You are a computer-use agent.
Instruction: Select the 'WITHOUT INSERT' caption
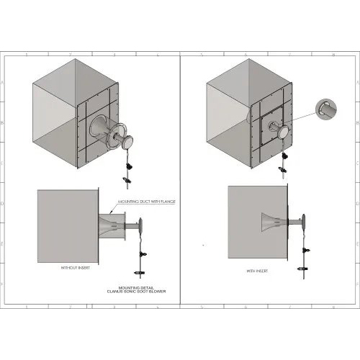(x=75, y=267)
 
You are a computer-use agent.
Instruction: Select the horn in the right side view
(x=274, y=222)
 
